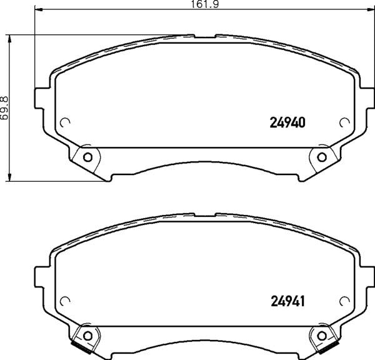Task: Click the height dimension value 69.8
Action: [x=5, y=107]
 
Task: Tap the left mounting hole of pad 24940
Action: [x=87, y=156]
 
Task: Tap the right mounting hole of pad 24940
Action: [x=322, y=156]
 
